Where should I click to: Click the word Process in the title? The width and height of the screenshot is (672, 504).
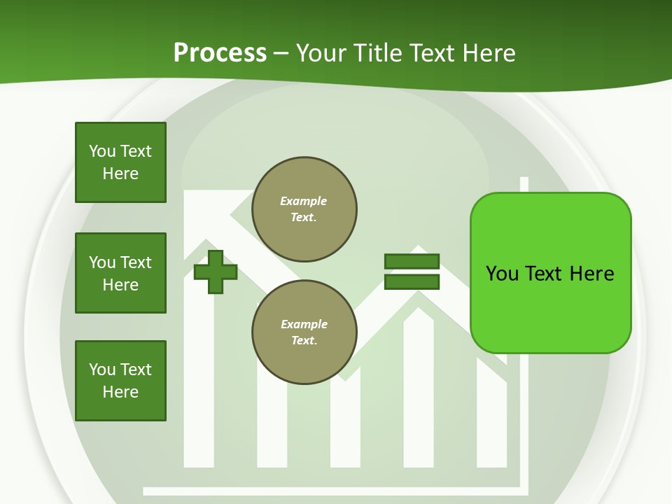(220, 53)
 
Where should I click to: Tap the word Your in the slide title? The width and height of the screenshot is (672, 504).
(321, 53)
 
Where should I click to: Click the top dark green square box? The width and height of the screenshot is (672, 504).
(120, 162)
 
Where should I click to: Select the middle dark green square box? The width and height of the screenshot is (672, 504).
(120, 273)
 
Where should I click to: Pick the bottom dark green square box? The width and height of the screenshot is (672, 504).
(120, 381)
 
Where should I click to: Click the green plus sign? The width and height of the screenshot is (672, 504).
(216, 272)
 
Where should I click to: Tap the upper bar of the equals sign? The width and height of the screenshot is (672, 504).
(412, 261)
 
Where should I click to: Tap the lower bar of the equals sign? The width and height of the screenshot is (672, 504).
(412, 282)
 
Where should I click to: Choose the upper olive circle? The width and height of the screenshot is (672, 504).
(304, 209)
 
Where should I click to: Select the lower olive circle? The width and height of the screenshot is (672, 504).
(304, 332)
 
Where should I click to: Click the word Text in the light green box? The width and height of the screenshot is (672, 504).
(546, 274)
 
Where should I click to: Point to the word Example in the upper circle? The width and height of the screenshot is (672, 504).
(304, 201)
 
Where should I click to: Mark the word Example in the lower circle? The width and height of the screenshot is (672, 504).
(304, 324)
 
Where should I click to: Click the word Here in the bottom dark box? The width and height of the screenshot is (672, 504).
(120, 392)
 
